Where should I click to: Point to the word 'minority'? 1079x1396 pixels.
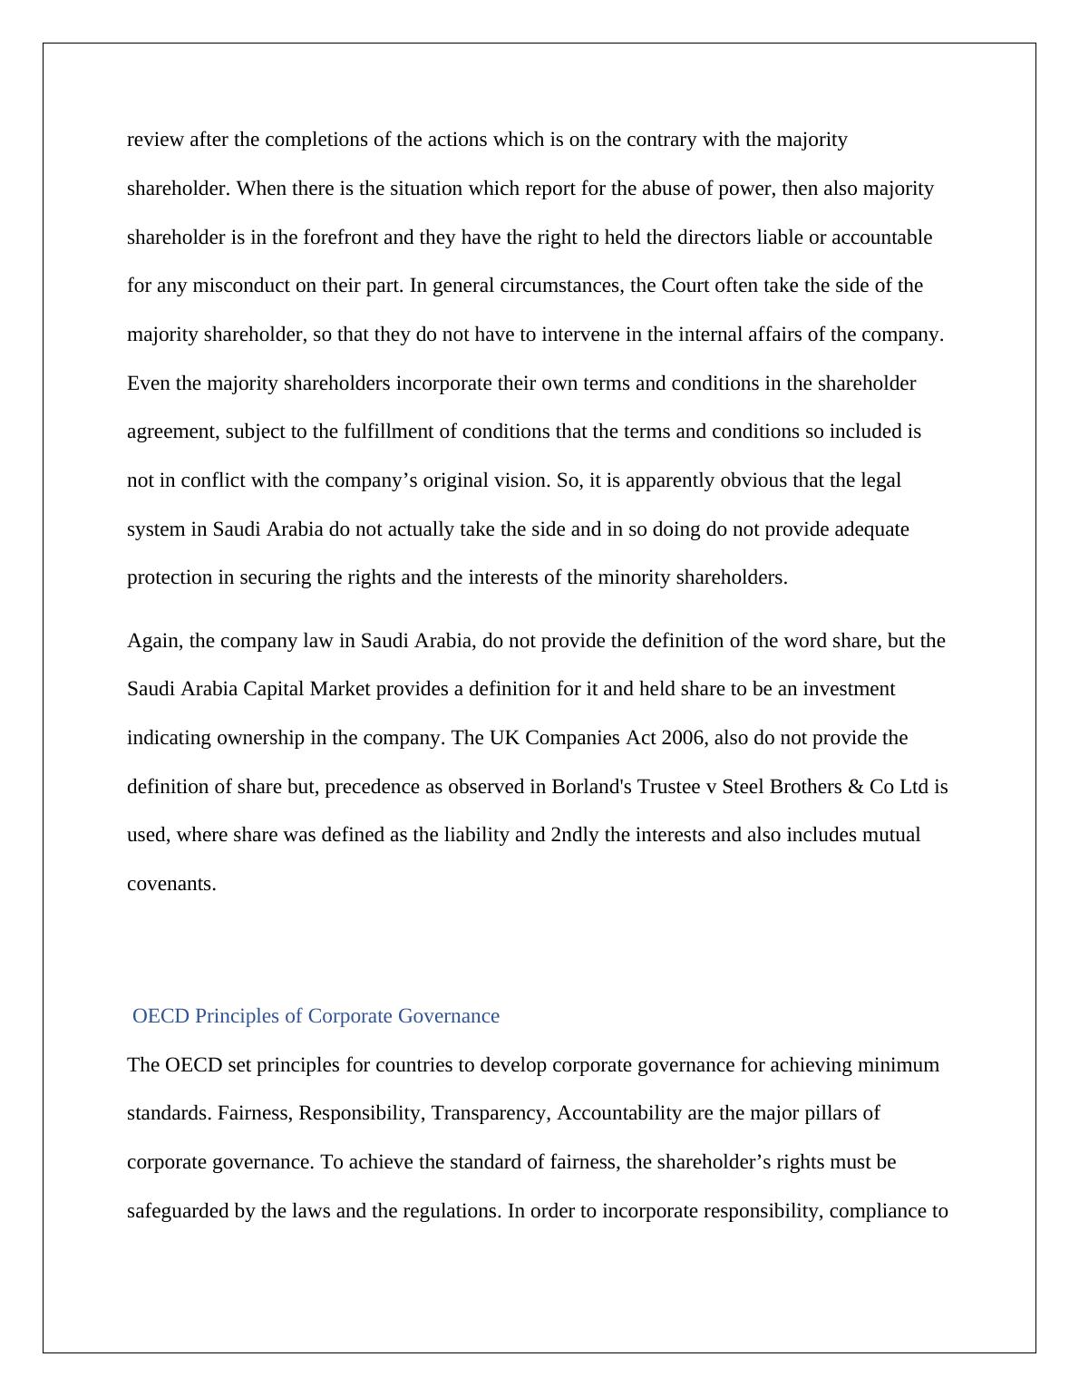634,577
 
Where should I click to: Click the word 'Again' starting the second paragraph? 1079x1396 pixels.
154,641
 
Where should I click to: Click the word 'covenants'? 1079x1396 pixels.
170,884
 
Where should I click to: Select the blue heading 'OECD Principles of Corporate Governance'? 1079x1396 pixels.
316,1016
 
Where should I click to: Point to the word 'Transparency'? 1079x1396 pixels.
490,1113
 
